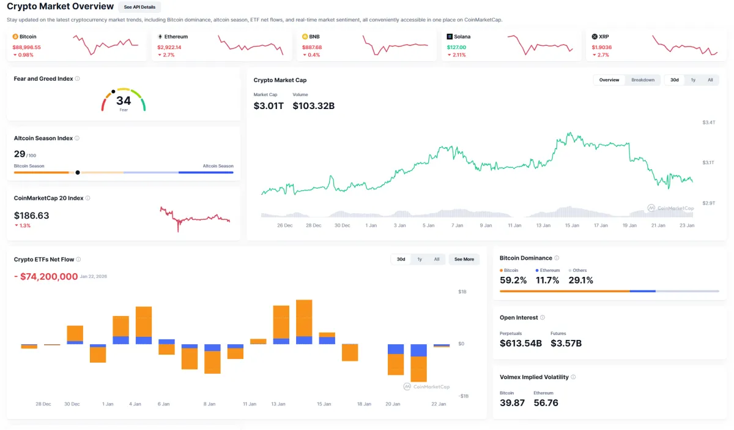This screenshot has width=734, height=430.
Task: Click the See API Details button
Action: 139,7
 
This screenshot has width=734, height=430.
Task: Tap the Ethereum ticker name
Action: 176,37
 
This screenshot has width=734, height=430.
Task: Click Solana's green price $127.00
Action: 456,47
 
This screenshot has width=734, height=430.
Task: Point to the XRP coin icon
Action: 595,37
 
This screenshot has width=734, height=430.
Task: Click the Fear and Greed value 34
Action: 124,100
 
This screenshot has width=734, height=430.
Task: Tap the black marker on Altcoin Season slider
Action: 78,172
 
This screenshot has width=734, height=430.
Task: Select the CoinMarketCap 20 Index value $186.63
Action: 32,216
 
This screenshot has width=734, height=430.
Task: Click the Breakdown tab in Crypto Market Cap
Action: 643,80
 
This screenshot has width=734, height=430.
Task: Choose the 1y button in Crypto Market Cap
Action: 693,80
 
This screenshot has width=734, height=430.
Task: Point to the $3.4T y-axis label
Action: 708,123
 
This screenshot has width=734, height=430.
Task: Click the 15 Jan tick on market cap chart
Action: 572,225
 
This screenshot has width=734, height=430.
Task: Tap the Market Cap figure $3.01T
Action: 269,106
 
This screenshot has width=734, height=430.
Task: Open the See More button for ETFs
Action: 464,259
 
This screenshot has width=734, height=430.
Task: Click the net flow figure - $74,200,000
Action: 46,277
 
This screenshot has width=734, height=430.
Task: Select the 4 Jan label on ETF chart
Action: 135,404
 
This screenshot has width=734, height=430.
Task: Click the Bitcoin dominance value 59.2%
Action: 513,280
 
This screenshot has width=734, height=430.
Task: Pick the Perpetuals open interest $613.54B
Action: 521,343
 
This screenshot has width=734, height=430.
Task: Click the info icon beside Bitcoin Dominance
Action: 557,258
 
